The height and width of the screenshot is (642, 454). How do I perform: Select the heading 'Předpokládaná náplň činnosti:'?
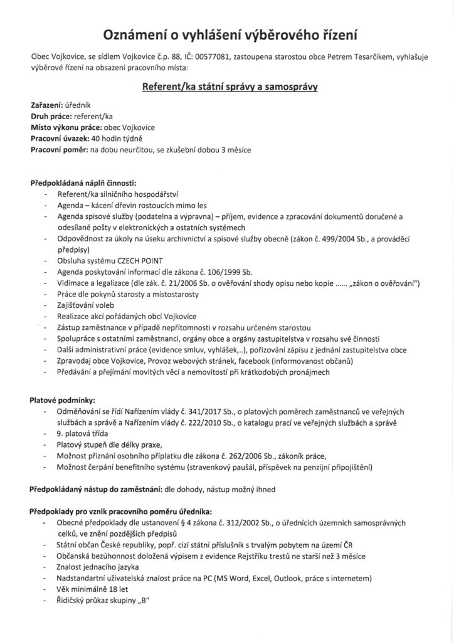tap(83, 184)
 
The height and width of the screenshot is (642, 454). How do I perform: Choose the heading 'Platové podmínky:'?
tap(61, 399)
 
